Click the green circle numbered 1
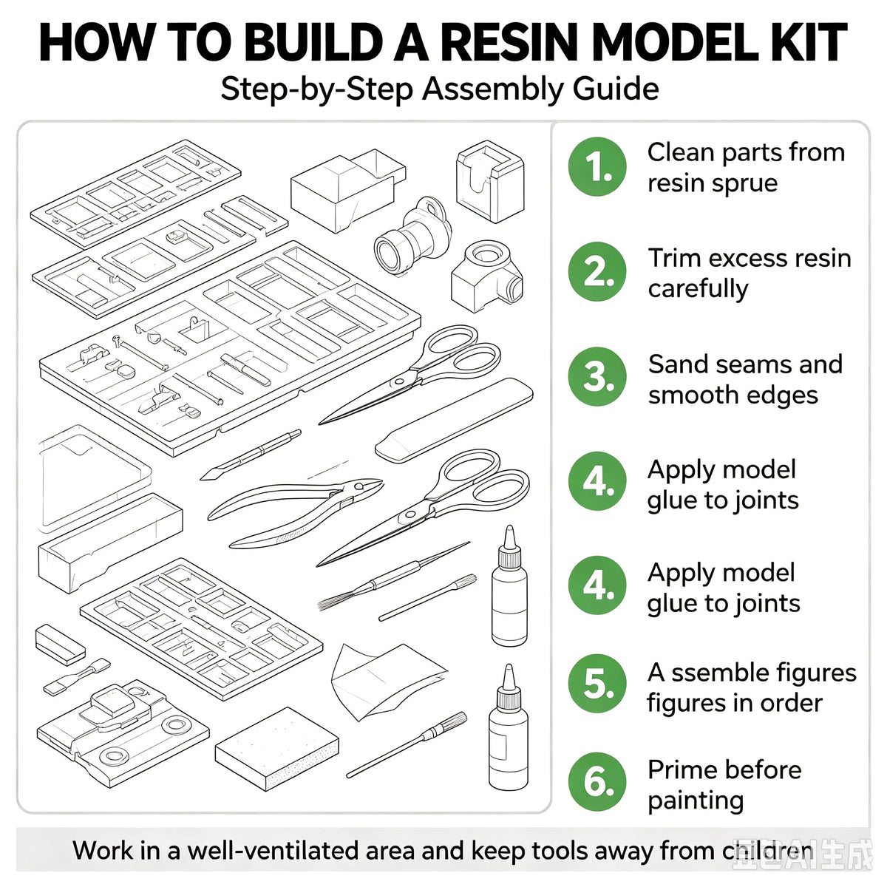pos(597,166)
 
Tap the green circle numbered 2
pos(597,271)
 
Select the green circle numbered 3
pos(597,376)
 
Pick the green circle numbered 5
pos(597,684)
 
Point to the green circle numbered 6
pos(597,782)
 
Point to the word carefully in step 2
pos(698,290)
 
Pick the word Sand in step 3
pos(676,364)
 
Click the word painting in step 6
pos(696,801)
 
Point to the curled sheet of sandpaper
pos(386,682)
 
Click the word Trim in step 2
pos(674,259)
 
